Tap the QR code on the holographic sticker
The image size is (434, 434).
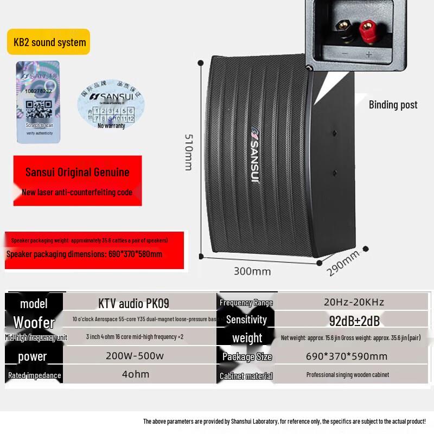[38, 109]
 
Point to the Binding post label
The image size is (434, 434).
[393, 105]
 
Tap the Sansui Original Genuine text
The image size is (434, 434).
[78, 173]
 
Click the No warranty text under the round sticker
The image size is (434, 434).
[111, 126]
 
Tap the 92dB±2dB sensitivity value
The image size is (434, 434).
[354, 321]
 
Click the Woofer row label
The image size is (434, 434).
[34, 322]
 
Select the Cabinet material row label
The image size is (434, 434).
[246, 376]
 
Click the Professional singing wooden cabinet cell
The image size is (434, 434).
[347, 374]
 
